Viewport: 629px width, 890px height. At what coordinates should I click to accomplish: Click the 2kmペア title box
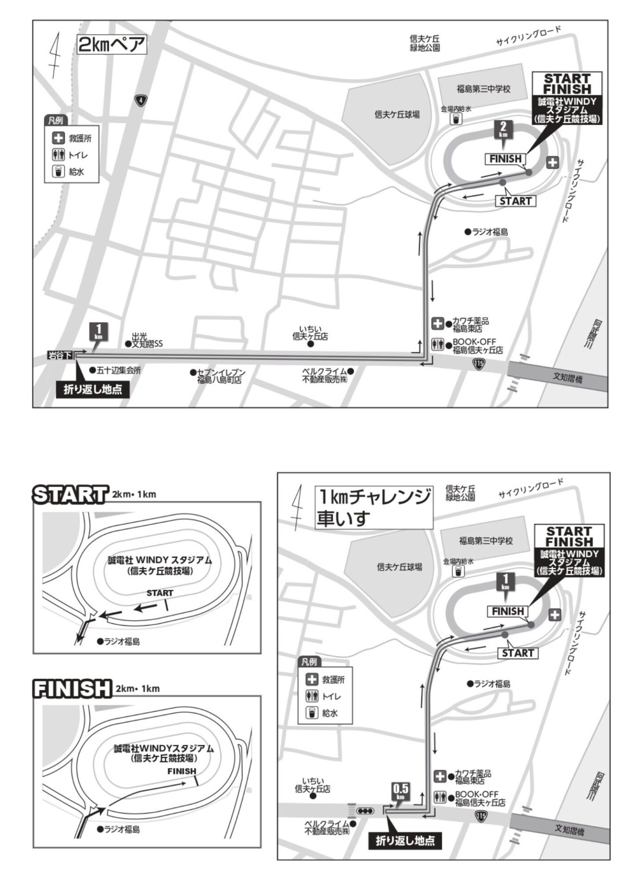111,45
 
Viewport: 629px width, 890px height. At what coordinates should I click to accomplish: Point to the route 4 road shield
141,100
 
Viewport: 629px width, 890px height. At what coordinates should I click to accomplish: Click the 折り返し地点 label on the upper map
93,389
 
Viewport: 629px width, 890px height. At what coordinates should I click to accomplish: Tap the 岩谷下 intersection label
60,356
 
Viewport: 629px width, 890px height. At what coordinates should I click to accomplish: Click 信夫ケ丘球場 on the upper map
397,114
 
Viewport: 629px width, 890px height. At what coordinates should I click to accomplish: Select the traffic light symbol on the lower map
365,811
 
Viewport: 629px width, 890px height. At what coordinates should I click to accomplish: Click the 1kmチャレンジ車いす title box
374,507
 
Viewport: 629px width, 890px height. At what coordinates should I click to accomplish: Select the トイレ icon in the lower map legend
312,696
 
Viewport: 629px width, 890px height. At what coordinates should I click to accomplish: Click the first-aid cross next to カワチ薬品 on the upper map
437,324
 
